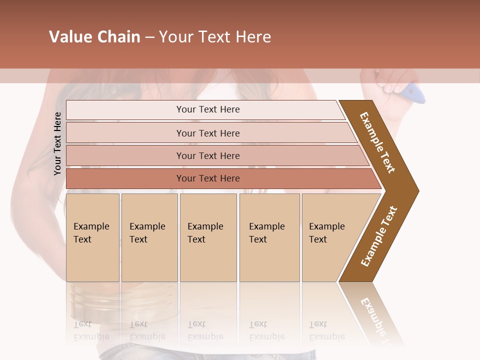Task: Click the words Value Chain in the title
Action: [x=94, y=37]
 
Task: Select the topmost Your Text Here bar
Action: [x=208, y=109]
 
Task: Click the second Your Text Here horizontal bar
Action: [x=208, y=133]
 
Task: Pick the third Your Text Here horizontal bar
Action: [x=208, y=155]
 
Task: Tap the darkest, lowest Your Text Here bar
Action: [x=208, y=178]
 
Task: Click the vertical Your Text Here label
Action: [x=57, y=143]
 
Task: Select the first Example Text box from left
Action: [x=92, y=237]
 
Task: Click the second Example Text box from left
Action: [x=149, y=237]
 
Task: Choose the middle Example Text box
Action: [x=208, y=237]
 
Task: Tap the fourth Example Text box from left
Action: [x=269, y=237]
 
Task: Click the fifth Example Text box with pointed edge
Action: [x=330, y=237]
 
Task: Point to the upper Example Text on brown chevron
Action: [x=377, y=142]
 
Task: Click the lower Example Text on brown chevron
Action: [x=379, y=236]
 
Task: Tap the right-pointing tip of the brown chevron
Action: [x=416, y=190]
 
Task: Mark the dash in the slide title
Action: [x=149, y=37]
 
